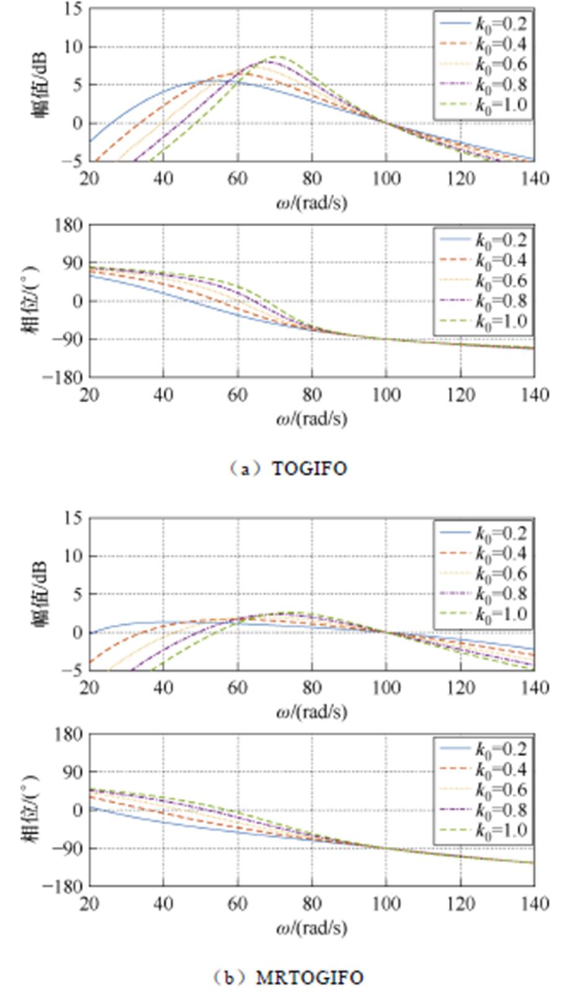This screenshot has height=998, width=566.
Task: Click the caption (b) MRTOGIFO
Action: click(287, 978)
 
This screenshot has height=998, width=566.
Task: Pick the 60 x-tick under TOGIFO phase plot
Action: click(237, 395)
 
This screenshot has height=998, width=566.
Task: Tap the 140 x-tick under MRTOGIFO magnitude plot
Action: click(534, 688)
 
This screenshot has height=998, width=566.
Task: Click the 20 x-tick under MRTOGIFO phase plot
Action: click(89, 904)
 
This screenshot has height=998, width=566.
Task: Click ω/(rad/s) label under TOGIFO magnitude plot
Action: click(311, 202)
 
